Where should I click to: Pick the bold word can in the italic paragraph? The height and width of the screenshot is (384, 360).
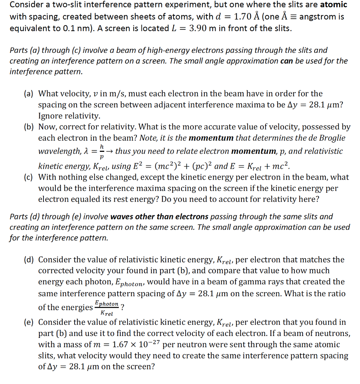click(x=287, y=61)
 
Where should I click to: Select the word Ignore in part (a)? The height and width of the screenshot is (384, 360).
click(x=51, y=116)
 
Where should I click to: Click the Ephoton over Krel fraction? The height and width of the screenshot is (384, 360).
click(x=107, y=307)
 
